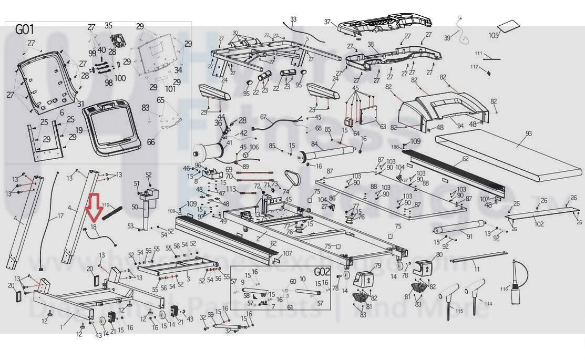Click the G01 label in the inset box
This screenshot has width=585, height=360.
coord(25,29)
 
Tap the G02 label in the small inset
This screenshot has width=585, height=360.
coord(322,272)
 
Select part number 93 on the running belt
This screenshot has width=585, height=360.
coord(529,134)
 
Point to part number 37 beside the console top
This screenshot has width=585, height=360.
coord(328,22)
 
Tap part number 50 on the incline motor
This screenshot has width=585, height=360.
coord(135,208)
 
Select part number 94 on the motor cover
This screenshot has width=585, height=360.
coord(460,126)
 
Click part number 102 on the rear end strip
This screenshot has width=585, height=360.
coord(539,224)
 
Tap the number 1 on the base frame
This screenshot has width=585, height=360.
coord(61,327)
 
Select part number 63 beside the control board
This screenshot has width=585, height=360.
coord(383,127)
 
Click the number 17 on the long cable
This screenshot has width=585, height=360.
coord(60,216)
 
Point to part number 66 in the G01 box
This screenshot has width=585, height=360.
coord(151,142)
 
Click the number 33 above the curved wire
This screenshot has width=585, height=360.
coord(293,19)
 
